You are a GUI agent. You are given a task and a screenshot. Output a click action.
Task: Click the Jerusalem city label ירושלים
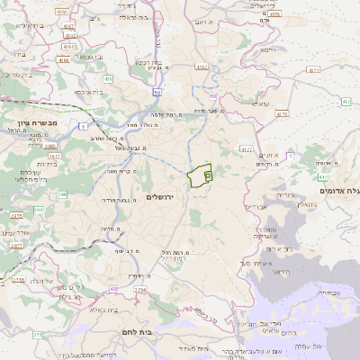pyautogui.click(x=163, y=196)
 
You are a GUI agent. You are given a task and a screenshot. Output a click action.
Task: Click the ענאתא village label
pyautogui.click(x=259, y=105)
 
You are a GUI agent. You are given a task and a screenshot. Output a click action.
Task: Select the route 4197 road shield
pyautogui.click(x=201, y=67)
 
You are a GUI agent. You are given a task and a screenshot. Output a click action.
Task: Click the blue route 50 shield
pyautogui.click(x=157, y=93)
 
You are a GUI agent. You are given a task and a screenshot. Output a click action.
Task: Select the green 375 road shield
pyautogui.click(x=37, y=335)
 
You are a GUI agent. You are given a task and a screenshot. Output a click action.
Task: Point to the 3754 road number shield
pyautogui.click(x=139, y=291)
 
